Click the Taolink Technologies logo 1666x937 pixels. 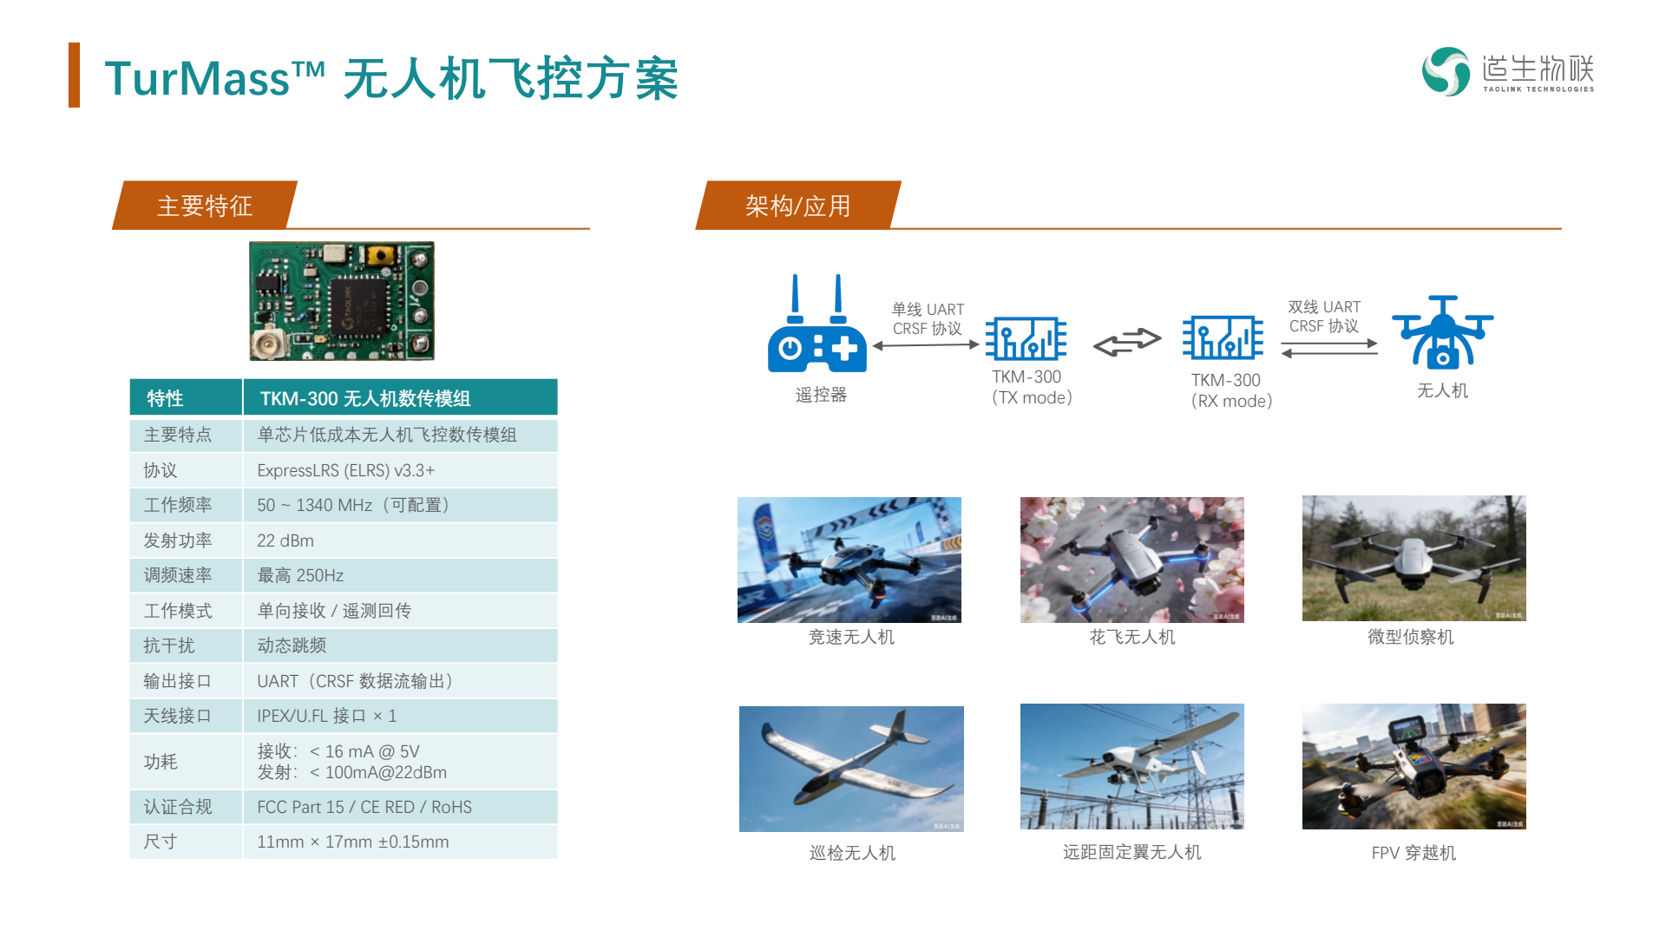pyautogui.click(x=1507, y=71)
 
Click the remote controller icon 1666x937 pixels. pyautogui.click(x=817, y=324)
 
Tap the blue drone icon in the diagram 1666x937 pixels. pyautogui.click(x=1442, y=332)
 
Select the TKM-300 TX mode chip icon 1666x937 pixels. pyautogui.click(x=1026, y=338)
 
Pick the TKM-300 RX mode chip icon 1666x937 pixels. pyautogui.click(x=1223, y=338)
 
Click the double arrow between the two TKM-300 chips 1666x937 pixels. pyautogui.click(x=1126, y=343)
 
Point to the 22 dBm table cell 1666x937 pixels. pyautogui.click(x=400, y=541)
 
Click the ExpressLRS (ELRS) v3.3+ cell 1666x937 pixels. pyautogui.click(x=400, y=470)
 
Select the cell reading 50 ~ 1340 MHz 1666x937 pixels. pyautogui.click(x=400, y=505)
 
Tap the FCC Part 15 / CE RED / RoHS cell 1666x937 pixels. pyautogui.click(x=400, y=807)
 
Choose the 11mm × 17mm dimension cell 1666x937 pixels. pyautogui.click(x=400, y=842)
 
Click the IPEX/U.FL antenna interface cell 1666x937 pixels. pyautogui.click(x=400, y=716)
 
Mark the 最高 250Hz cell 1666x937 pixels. pyautogui.click(x=400, y=575)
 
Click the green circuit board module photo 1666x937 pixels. pyautogui.click(x=342, y=301)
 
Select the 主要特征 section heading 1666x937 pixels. pyautogui.click(x=205, y=206)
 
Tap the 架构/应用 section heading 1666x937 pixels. pyautogui.click(x=798, y=206)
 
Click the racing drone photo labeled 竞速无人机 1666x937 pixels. pyautogui.click(x=849, y=560)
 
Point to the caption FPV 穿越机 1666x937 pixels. pyautogui.click(x=1413, y=853)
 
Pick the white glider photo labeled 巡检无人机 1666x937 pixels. pyautogui.click(x=851, y=769)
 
